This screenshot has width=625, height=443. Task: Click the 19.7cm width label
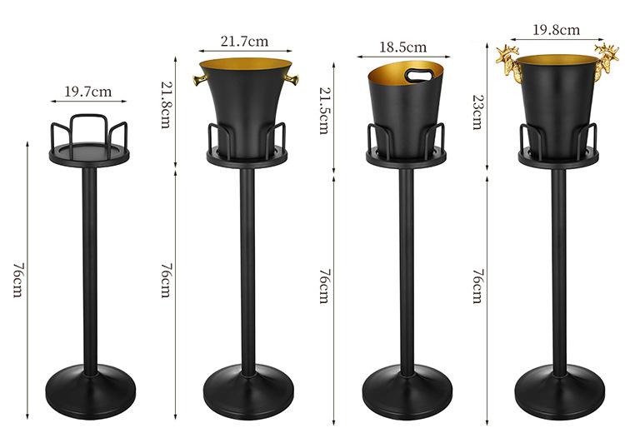pyautogui.click(x=88, y=92)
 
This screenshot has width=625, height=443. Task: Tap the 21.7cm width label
pyautogui.click(x=244, y=42)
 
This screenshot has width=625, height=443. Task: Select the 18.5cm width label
pyautogui.click(x=402, y=47)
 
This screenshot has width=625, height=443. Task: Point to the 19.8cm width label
pyautogui.click(x=556, y=30)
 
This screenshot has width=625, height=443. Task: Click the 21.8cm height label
pyautogui.click(x=166, y=104)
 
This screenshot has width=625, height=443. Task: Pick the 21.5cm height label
pyautogui.click(x=324, y=111)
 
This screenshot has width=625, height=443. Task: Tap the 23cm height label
pyautogui.click(x=477, y=112)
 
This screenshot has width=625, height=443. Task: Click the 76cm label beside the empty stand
pyautogui.click(x=18, y=280)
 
